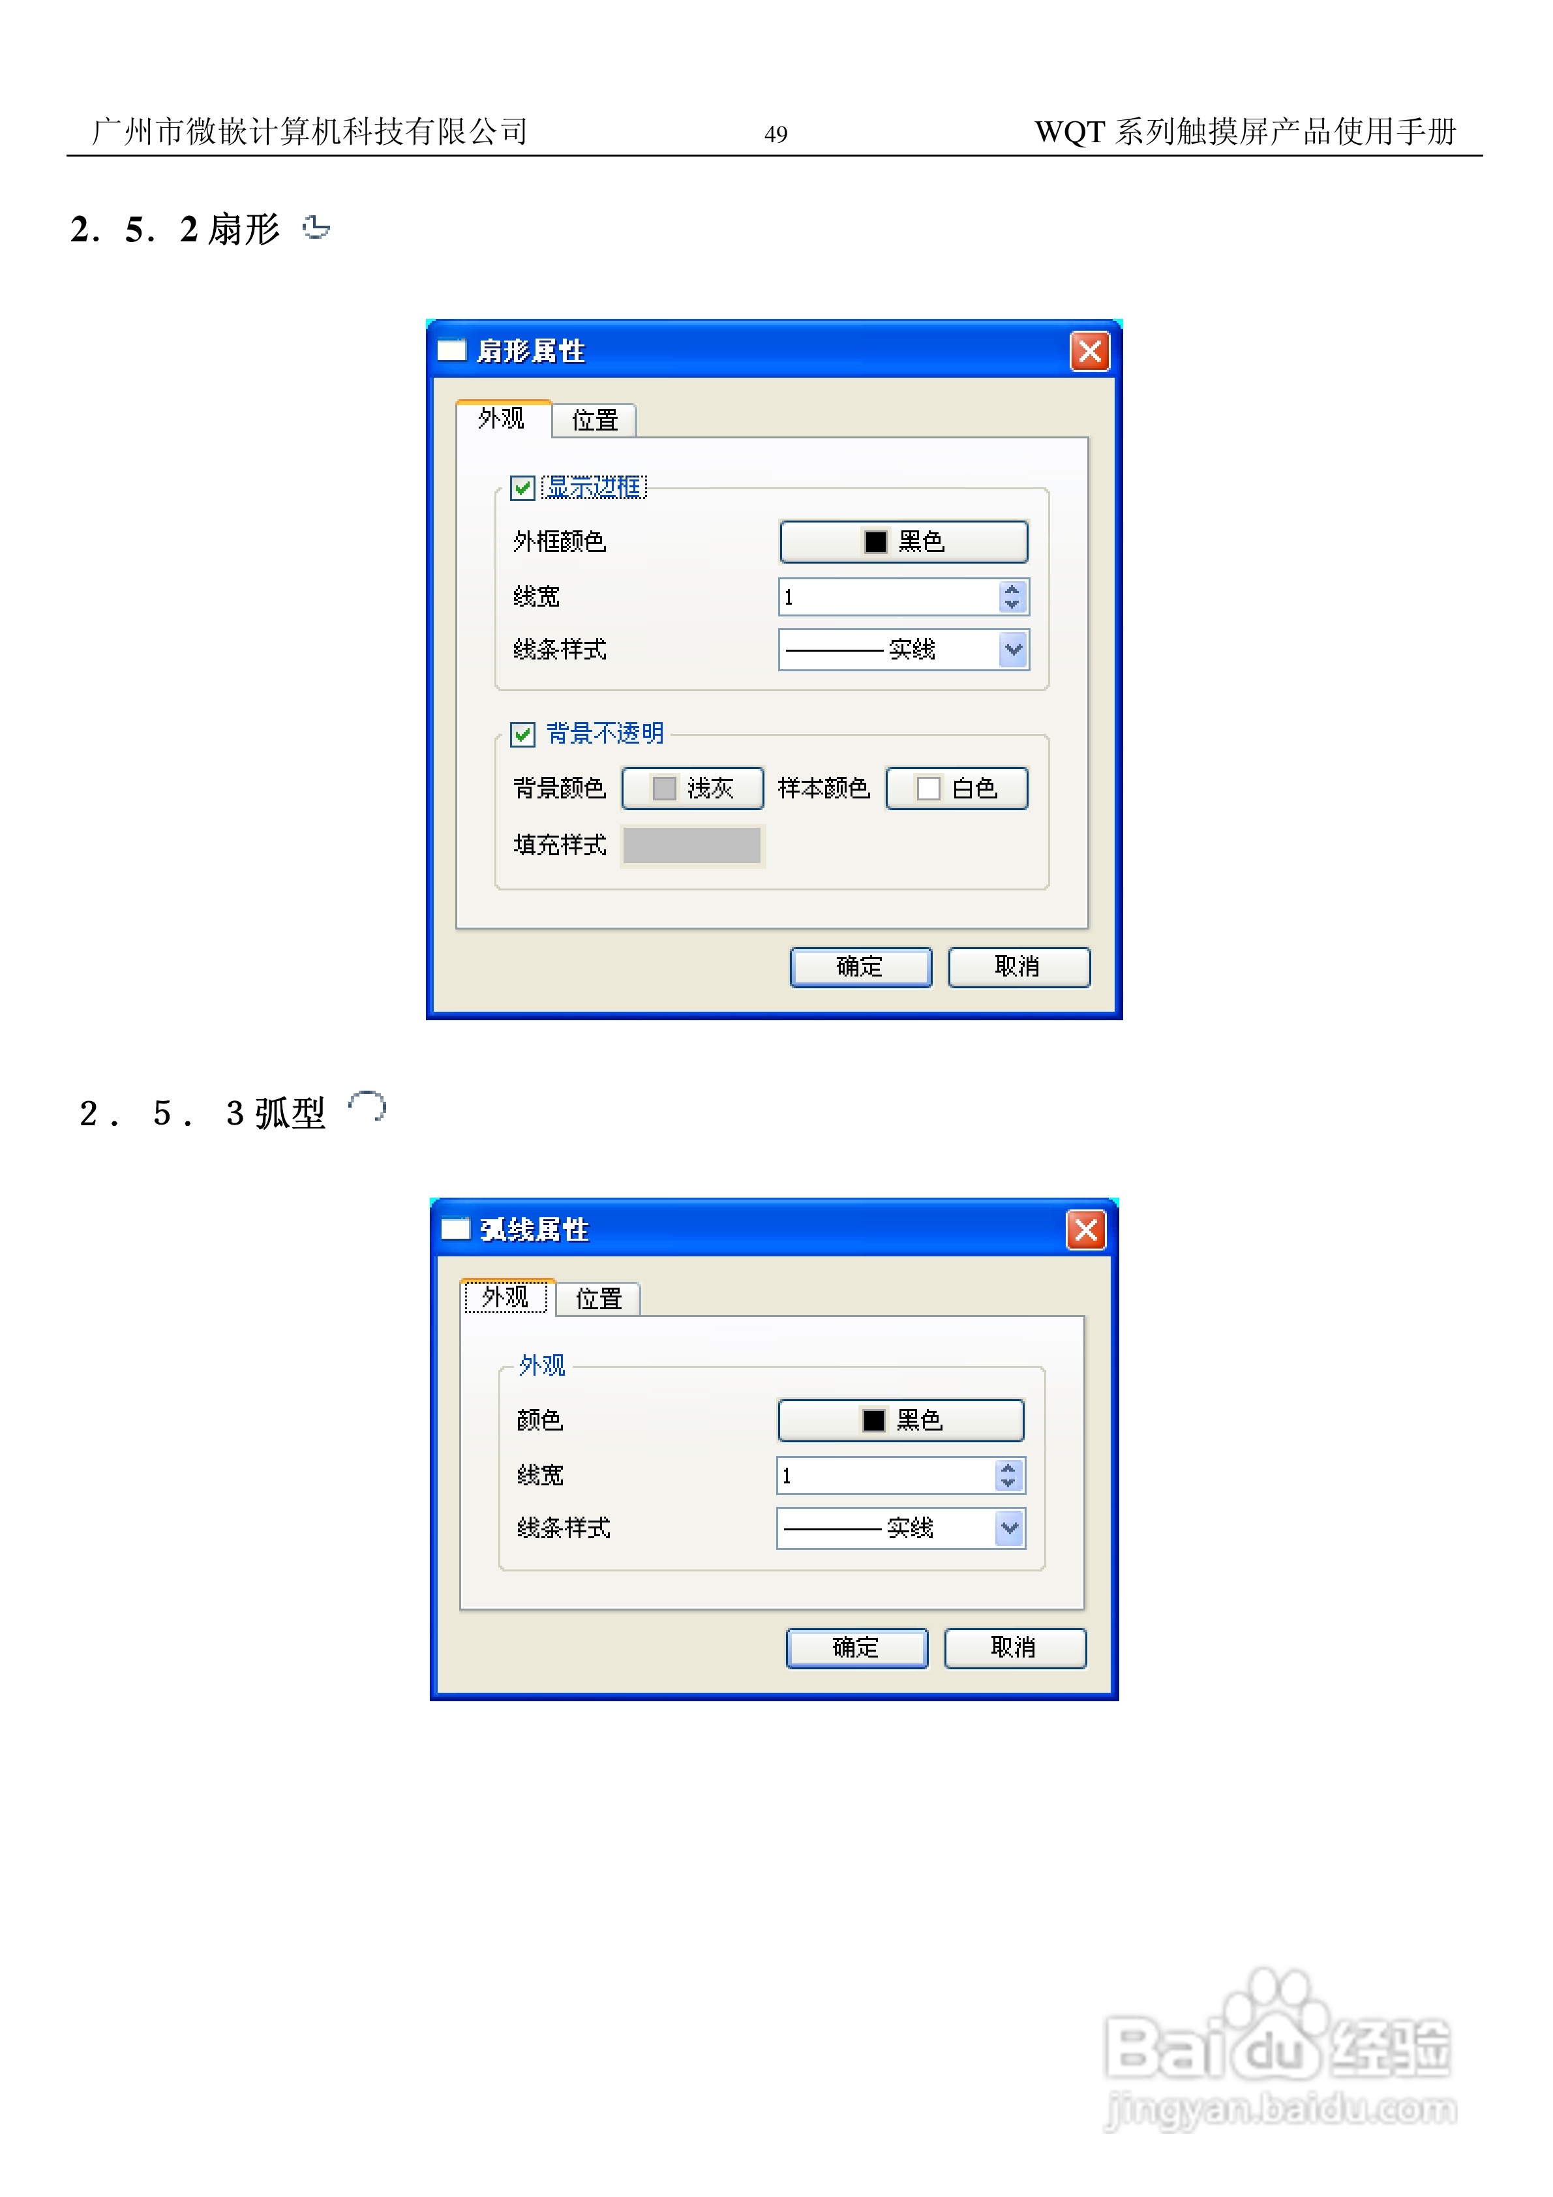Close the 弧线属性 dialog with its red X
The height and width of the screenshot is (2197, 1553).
1085,1230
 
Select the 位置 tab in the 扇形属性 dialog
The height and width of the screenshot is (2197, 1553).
594,420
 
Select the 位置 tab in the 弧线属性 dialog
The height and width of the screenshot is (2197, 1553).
598,1299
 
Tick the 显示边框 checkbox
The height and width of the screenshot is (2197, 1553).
522,488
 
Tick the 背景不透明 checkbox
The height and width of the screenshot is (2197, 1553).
522,734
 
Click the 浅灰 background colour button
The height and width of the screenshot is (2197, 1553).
692,789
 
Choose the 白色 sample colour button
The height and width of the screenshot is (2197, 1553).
956,789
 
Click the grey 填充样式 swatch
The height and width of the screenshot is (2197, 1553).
692,845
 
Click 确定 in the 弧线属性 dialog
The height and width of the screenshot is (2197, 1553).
856,1648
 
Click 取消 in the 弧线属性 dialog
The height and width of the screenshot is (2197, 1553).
1014,1648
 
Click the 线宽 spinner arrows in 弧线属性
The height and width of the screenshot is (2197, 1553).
1008,1476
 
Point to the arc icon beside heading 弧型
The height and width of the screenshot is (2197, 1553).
367,1106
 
